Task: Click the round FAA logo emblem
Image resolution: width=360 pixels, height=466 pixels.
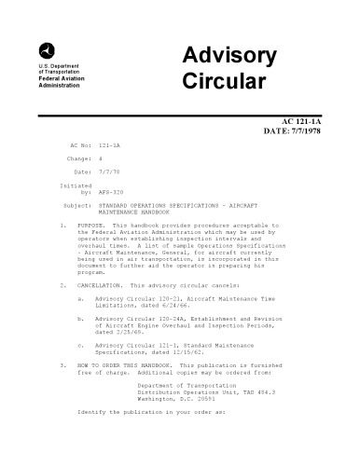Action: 46,50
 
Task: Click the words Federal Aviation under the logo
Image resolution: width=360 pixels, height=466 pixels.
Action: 59,81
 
